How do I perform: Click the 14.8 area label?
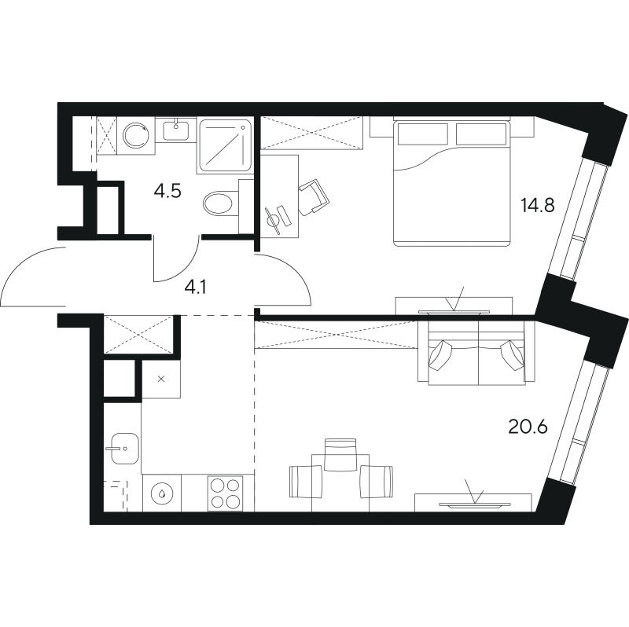537,206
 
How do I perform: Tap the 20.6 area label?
528,427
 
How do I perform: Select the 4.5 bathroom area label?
167,191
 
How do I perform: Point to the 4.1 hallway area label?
195,288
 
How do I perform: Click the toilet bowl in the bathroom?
219,203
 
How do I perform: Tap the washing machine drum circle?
135,135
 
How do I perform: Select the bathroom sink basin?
175,131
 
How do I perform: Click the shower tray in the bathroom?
225,146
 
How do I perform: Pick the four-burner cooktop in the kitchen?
225,493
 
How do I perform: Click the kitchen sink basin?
124,448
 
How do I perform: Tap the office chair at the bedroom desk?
314,197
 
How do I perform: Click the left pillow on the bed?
422,134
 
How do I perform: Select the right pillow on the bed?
481,134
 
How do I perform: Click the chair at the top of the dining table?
340,454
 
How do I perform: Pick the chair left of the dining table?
306,482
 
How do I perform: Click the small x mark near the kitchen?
161,379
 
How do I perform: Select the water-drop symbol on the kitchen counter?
162,493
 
